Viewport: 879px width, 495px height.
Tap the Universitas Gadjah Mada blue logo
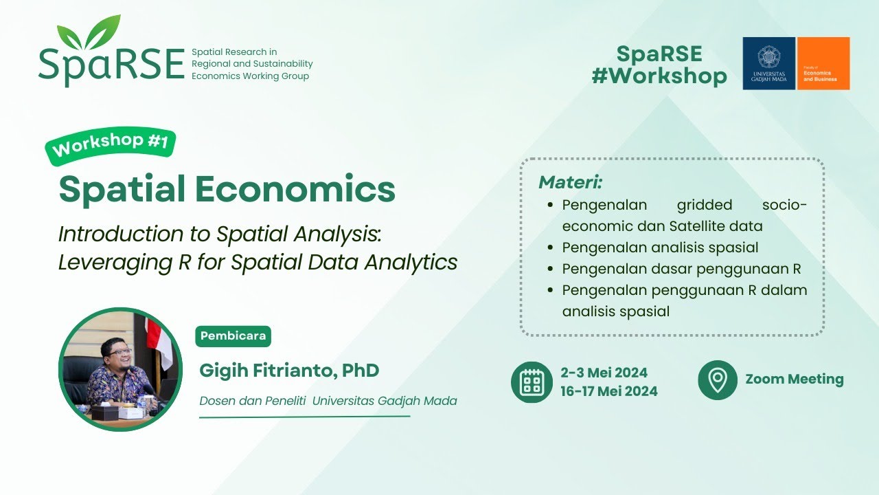(768, 63)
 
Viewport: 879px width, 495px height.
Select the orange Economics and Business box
(823, 63)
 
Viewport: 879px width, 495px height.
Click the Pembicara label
(233, 336)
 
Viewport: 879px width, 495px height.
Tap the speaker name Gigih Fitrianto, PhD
(289, 371)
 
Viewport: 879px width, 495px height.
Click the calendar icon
(532, 382)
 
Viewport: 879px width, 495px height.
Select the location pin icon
(718, 379)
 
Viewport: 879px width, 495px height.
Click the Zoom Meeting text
(795, 379)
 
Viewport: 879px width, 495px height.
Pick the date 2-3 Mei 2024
(604, 373)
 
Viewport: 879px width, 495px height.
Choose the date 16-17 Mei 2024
(609, 391)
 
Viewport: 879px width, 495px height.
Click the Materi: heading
(570, 182)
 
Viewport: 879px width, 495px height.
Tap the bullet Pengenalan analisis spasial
(660, 247)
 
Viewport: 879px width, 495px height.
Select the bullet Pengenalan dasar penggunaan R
(681, 269)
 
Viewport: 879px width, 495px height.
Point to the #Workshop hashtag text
(659, 76)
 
